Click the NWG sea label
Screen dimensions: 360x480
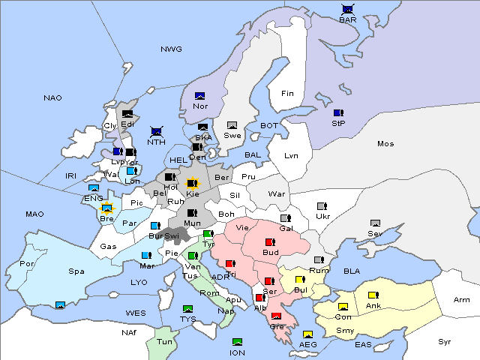point(171,49)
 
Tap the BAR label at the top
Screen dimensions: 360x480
point(348,19)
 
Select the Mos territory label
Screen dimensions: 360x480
point(385,143)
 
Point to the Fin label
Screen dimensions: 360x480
point(287,94)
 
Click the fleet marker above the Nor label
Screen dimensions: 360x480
point(199,96)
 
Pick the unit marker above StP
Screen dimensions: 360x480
point(338,112)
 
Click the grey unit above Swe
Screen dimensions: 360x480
point(232,125)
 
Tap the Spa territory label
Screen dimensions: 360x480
point(76,271)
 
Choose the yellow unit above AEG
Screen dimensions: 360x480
point(307,334)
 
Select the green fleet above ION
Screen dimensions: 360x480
point(237,343)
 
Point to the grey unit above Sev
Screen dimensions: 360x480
point(376,223)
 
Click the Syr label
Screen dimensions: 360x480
point(445,341)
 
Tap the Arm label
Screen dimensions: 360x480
point(462,300)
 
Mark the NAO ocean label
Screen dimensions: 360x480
point(52,98)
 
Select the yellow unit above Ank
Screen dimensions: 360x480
point(373,295)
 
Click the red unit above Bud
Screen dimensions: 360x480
point(271,242)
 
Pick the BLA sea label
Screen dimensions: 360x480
point(352,271)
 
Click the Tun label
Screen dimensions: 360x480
point(165,340)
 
